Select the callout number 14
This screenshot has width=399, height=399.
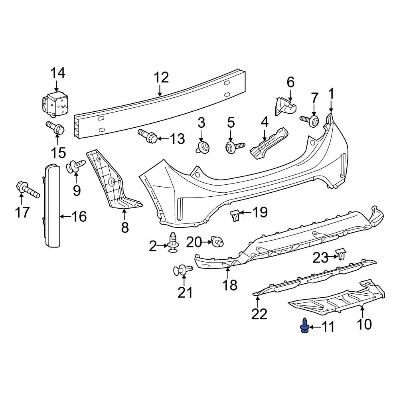[x=57, y=73]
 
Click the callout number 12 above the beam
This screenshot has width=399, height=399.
[x=162, y=77]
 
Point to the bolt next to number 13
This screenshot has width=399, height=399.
[x=148, y=136]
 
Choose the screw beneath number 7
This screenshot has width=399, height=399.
[x=310, y=120]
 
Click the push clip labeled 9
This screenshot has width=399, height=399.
[x=77, y=166]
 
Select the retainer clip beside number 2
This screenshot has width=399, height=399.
[x=173, y=242]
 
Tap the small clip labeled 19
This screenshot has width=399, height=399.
[x=236, y=216]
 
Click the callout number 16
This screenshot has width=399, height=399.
[x=79, y=217]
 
